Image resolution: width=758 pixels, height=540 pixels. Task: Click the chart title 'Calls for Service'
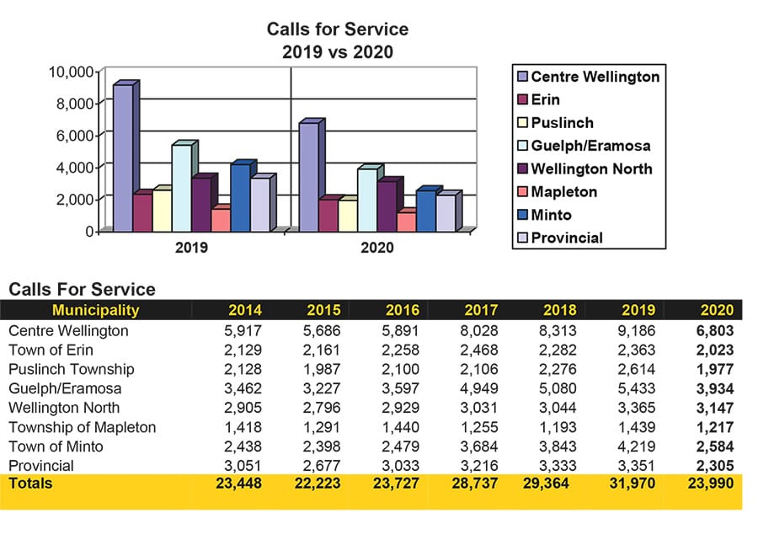[337, 29]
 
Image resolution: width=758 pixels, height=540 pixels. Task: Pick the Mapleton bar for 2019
[220, 219]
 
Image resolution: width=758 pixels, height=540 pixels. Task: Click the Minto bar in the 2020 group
[426, 211]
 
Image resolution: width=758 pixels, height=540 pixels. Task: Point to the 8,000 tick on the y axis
[72, 103]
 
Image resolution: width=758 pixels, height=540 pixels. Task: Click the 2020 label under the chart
[376, 249]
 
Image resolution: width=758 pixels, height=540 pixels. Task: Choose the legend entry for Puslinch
[562, 122]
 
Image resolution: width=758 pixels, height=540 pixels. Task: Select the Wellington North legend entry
[591, 168]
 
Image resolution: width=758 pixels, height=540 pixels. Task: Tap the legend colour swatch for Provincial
[522, 238]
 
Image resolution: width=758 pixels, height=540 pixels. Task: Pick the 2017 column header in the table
[481, 309]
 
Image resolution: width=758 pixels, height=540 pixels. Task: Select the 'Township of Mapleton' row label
[82, 427]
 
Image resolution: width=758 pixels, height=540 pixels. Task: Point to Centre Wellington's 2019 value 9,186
[638, 330]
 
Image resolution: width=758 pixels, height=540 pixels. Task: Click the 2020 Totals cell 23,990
[712, 484]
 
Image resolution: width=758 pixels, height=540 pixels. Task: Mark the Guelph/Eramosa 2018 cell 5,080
[560, 388]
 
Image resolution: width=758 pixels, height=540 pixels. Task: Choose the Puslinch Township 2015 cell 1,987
[323, 369]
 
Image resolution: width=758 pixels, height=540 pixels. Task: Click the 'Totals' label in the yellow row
[30, 484]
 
